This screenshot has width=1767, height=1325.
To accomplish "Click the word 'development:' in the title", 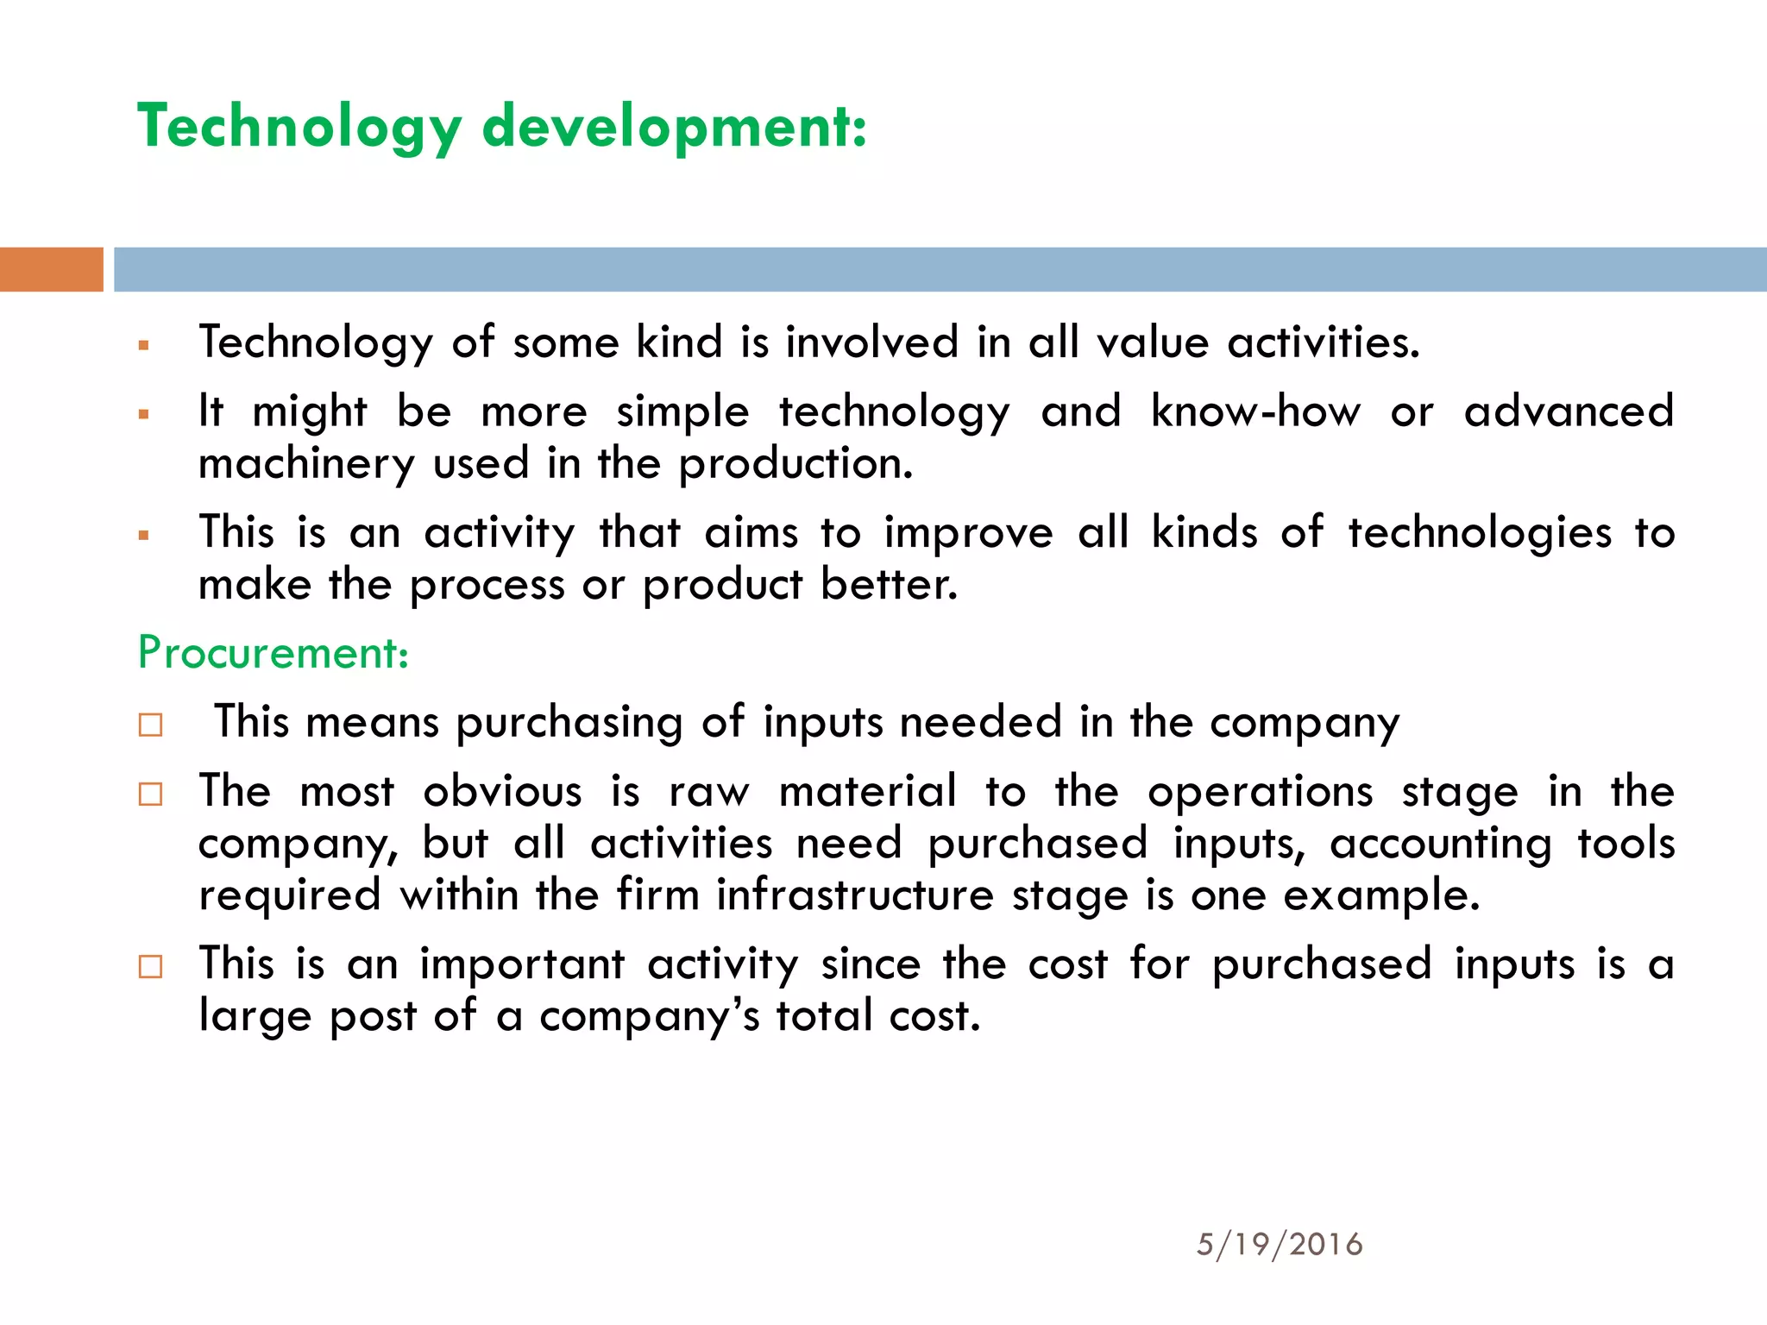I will pyautogui.click(x=674, y=127).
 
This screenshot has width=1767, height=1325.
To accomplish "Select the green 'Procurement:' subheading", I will pyautogui.click(x=273, y=653).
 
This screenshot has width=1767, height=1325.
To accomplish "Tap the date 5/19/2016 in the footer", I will pyautogui.click(x=1280, y=1244).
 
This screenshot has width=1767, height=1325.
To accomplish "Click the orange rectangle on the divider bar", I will pyautogui.click(x=51, y=269).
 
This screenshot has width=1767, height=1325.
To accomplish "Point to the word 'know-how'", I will pyautogui.click(x=1255, y=411).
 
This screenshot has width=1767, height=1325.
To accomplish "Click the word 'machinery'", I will pyautogui.click(x=306, y=465).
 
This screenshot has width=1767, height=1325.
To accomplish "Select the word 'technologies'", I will pyautogui.click(x=1480, y=533).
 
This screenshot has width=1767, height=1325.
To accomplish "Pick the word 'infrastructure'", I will pyautogui.click(x=855, y=895).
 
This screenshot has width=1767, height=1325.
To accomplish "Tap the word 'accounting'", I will pyautogui.click(x=1440, y=843).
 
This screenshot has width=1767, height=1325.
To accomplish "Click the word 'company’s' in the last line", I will pyautogui.click(x=650, y=1016).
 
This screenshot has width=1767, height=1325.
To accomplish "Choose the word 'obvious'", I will pyautogui.click(x=502, y=791).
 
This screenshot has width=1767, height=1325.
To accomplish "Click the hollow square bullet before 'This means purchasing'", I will pyautogui.click(x=150, y=724).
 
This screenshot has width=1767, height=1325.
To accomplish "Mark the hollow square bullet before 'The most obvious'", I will pyautogui.click(x=150, y=793).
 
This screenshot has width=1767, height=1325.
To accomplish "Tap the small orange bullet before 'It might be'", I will pyautogui.click(x=144, y=414).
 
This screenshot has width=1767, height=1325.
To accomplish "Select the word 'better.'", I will pyautogui.click(x=889, y=585).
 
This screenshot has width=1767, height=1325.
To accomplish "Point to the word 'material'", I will pyautogui.click(x=868, y=791).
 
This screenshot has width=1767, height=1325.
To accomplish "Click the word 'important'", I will pyautogui.click(x=522, y=964).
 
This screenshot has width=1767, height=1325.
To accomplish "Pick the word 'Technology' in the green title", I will pyautogui.click(x=299, y=127).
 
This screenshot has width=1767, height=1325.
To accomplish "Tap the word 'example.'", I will pyautogui.click(x=1381, y=895).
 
